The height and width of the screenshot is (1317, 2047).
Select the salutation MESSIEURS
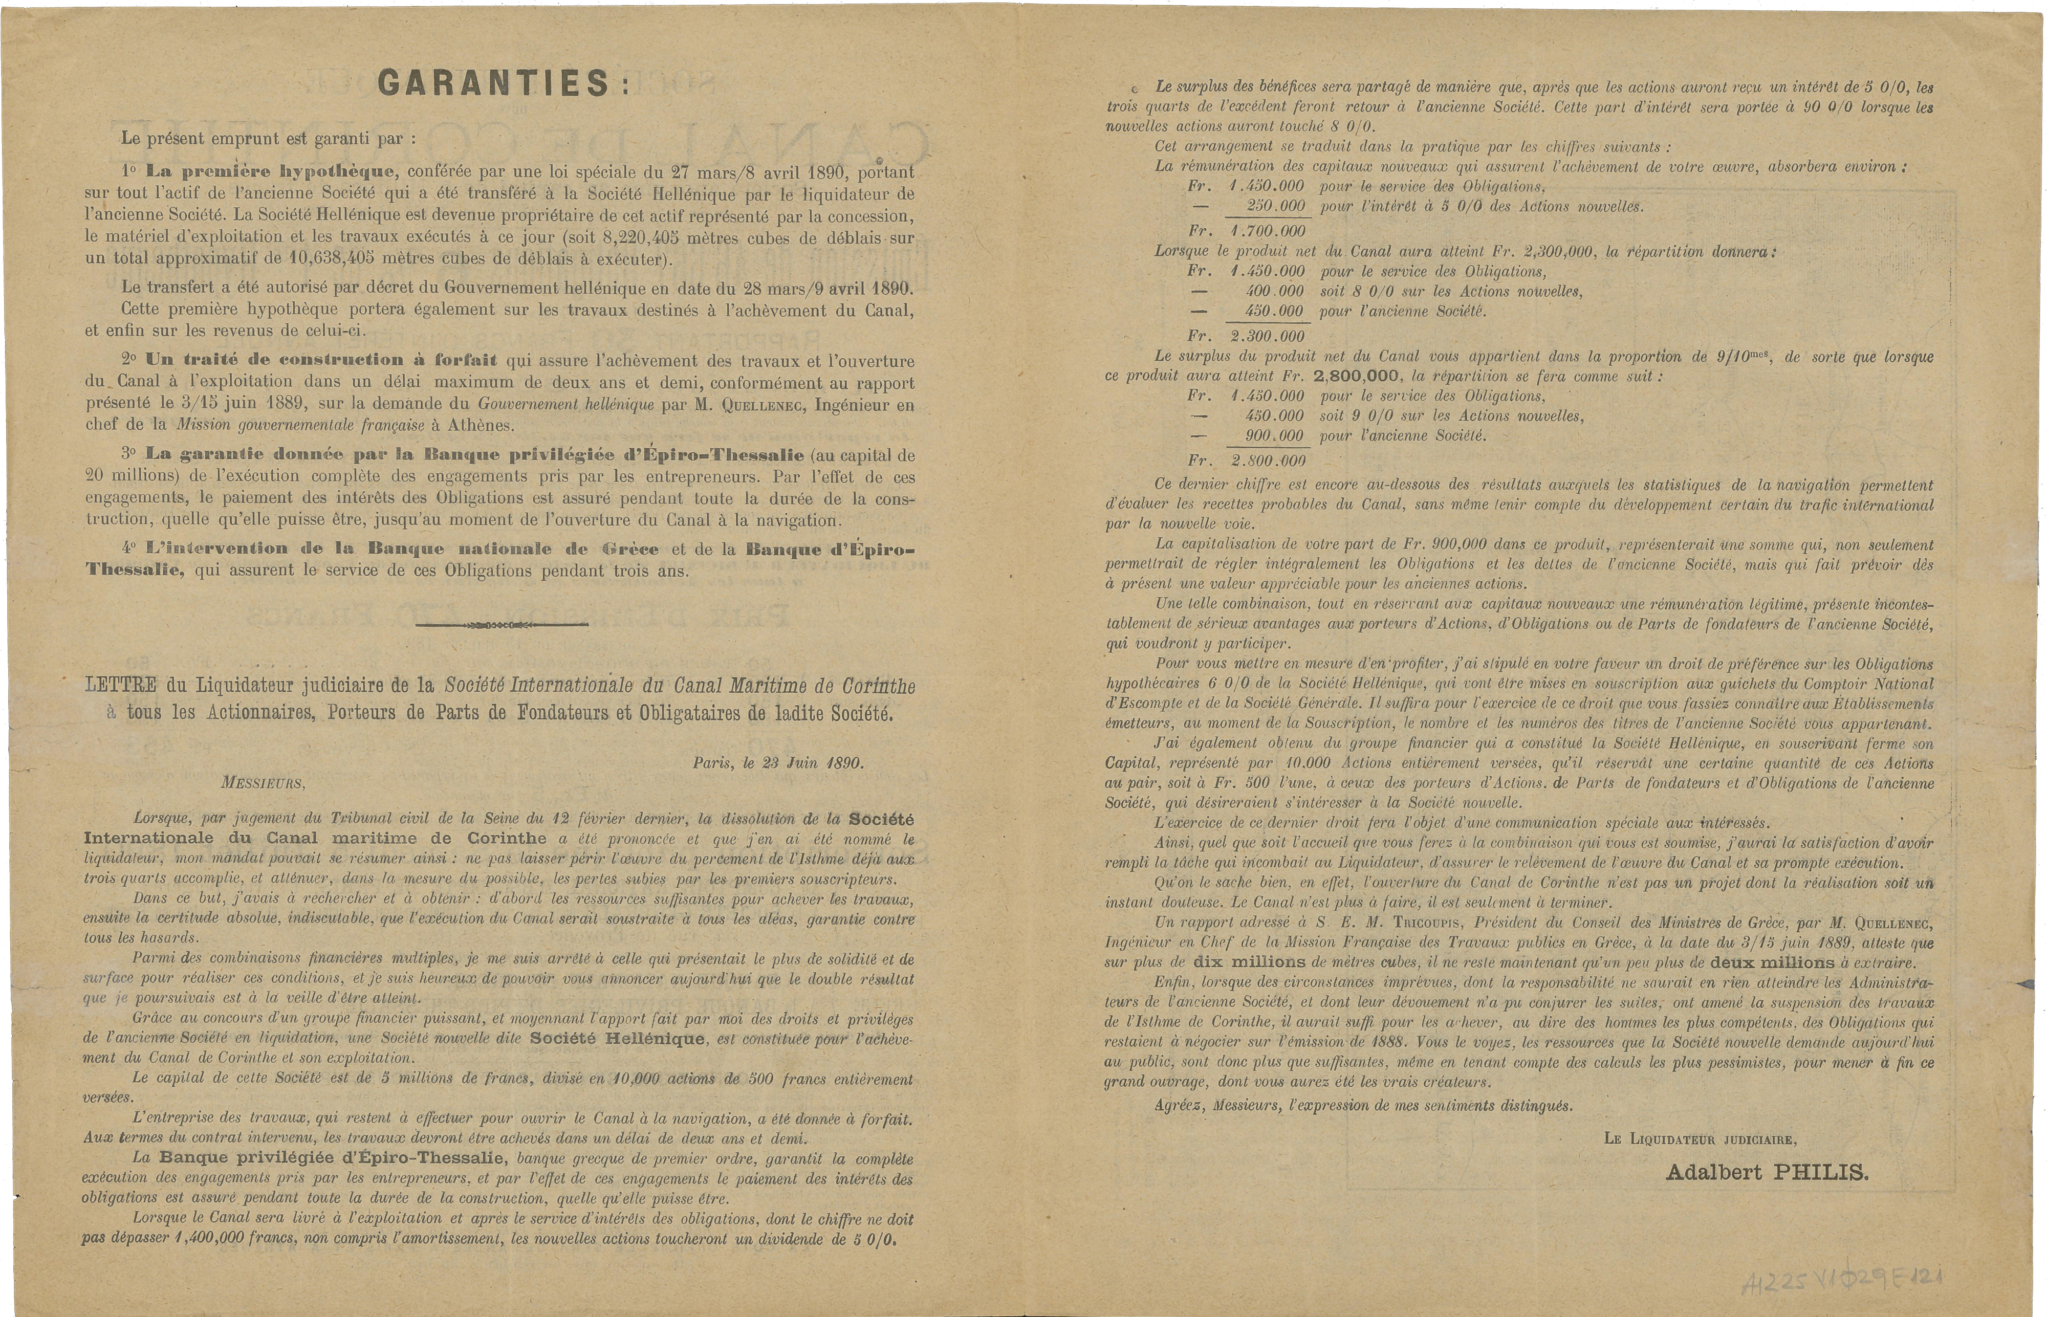(x=263, y=782)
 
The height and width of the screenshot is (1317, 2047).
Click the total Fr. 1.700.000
(x=1247, y=231)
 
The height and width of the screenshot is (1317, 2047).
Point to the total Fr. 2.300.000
(x=1247, y=336)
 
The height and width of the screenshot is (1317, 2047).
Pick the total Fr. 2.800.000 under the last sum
(x=1247, y=460)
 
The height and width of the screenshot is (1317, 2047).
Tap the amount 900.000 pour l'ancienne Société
(x=1267, y=436)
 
